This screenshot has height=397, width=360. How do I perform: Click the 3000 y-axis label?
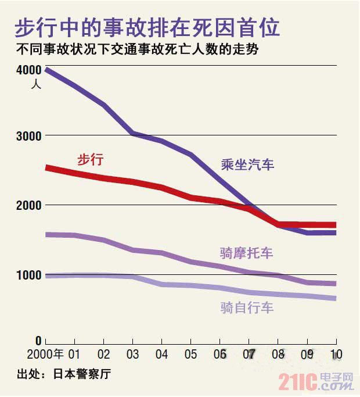click(x=27, y=136)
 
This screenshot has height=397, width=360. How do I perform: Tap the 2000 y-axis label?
click(x=27, y=205)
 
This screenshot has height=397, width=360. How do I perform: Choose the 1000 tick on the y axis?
click(x=27, y=274)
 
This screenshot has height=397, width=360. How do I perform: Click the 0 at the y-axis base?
click(x=38, y=342)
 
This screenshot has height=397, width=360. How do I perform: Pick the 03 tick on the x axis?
click(x=133, y=354)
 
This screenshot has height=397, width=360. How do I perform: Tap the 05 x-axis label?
click(x=191, y=354)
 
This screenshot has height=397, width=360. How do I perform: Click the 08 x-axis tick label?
click(x=279, y=354)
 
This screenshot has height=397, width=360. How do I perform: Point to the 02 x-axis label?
click(x=103, y=354)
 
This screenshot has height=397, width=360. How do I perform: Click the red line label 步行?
click(x=90, y=159)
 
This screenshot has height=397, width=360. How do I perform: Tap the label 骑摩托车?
click(x=246, y=253)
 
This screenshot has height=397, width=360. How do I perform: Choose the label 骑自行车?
click(x=246, y=307)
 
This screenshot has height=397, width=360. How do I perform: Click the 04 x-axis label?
click(x=162, y=354)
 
